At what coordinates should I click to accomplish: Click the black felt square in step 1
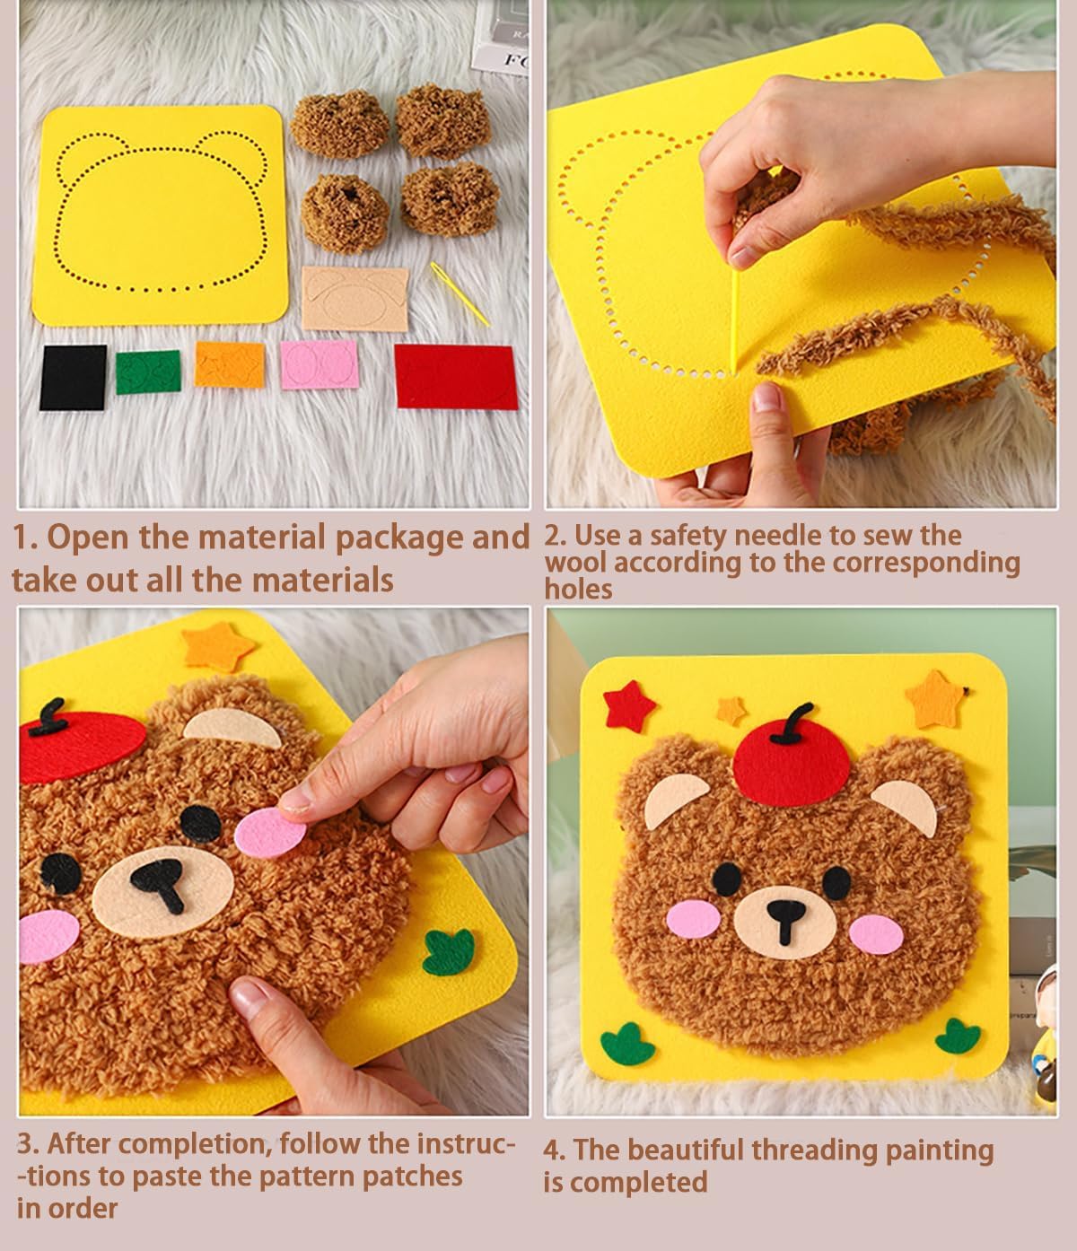(73, 377)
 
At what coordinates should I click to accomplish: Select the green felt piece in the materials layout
(148, 372)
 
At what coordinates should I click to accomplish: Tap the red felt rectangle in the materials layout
(456, 376)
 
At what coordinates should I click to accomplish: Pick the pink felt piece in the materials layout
(319, 364)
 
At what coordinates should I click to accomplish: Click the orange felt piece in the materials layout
(230, 365)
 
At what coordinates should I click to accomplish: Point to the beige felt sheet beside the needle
(355, 298)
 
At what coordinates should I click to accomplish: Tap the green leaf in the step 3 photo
(449, 952)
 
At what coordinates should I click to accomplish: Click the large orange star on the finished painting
(933, 699)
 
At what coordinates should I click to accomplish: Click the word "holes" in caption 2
(579, 590)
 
